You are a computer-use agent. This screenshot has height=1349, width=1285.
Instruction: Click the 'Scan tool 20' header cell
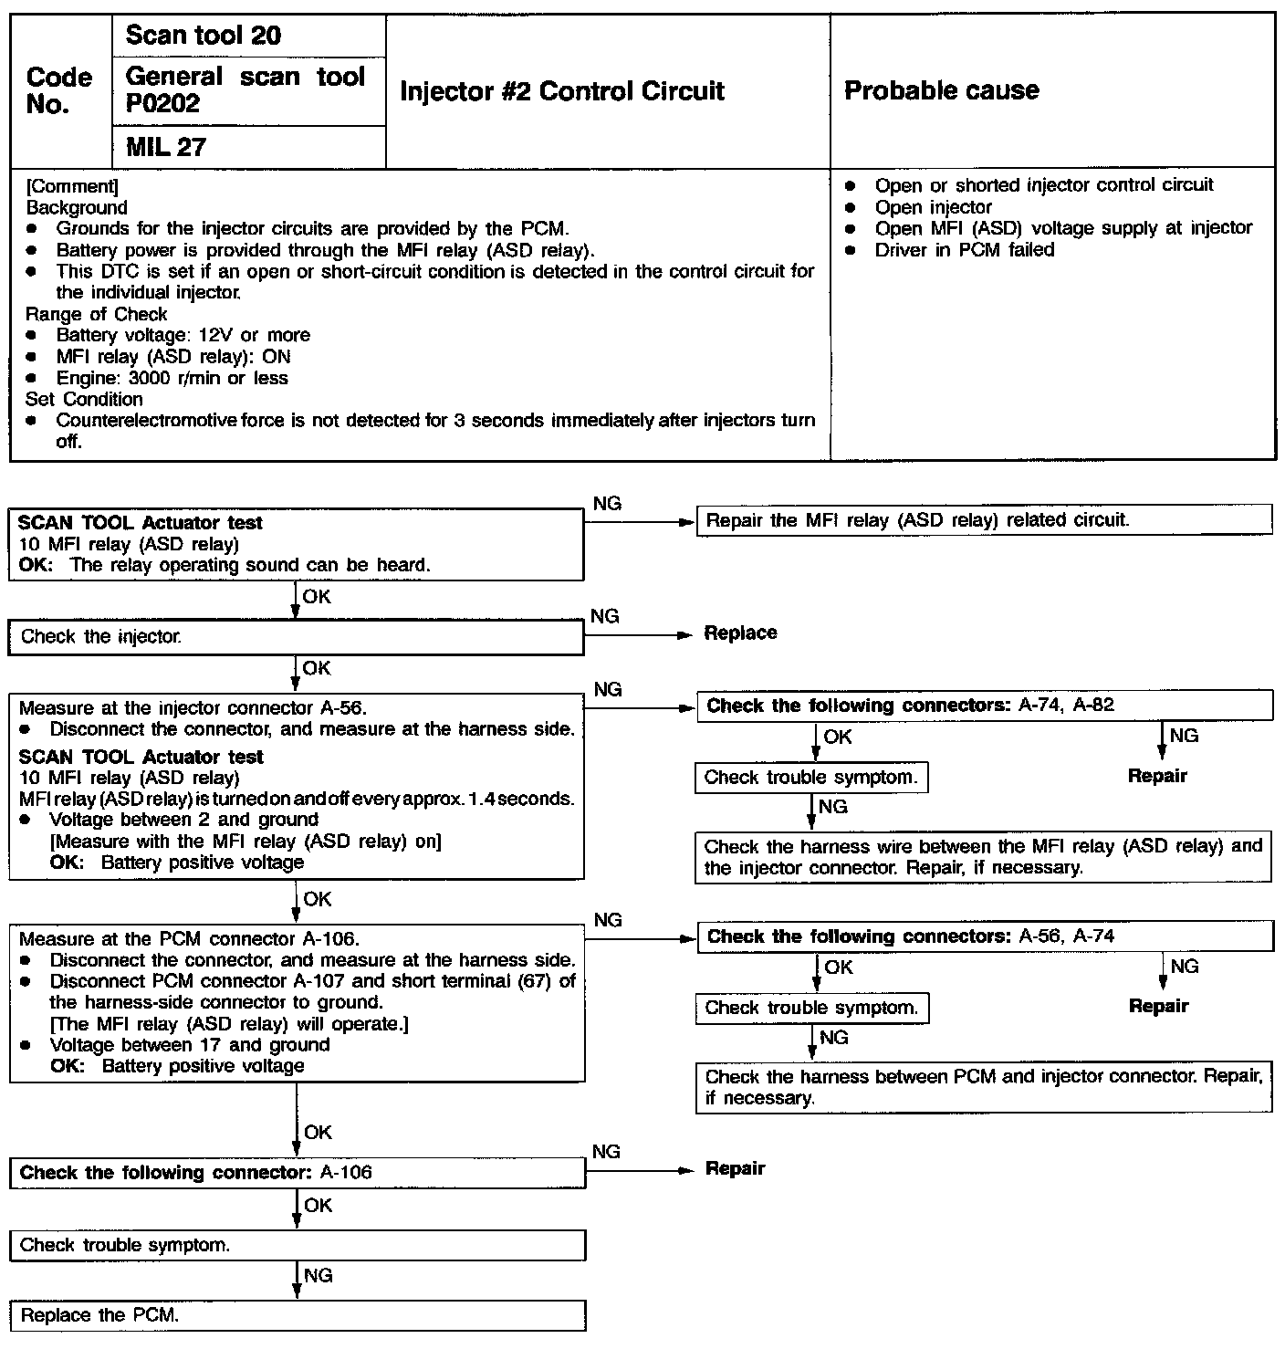click(x=203, y=36)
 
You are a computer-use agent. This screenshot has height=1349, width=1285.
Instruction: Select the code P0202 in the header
click(x=162, y=104)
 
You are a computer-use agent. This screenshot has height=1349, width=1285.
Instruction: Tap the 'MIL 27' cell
click(x=165, y=147)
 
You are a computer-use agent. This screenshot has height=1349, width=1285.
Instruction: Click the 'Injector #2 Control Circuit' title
click(x=561, y=91)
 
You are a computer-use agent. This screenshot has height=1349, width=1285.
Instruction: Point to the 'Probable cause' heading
click(x=941, y=90)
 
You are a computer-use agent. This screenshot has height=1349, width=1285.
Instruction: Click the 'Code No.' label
click(x=59, y=90)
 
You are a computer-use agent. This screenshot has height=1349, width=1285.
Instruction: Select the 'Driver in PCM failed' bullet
click(x=964, y=250)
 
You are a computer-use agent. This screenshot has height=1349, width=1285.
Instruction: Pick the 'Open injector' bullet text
click(x=933, y=207)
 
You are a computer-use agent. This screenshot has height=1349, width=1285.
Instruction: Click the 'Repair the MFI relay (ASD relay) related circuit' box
click(x=983, y=520)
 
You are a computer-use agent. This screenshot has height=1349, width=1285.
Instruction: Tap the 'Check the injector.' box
click(x=296, y=637)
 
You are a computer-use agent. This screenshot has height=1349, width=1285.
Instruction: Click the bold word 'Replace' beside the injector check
click(x=740, y=633)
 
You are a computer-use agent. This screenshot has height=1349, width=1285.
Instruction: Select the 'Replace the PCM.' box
click(x=297, y=1315)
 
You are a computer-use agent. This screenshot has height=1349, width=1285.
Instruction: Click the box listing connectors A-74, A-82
click(x=983, y=706)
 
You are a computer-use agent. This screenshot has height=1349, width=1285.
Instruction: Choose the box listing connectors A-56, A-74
click(x=983, y=936)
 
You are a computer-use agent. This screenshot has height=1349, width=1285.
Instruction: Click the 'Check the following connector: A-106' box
click(x=297, y=1173)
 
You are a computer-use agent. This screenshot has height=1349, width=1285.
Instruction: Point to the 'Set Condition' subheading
click(x=84, y=400)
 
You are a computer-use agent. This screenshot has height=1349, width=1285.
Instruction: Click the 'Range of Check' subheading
click(x=96, y=315)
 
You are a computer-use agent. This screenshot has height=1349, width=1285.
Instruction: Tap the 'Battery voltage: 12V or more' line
click(x=183, y=336)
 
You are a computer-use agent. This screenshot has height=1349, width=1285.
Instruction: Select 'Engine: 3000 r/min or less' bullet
click(x=172, y=379)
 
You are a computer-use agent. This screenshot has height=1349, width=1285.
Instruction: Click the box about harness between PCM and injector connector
click(x=983, y=1087)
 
